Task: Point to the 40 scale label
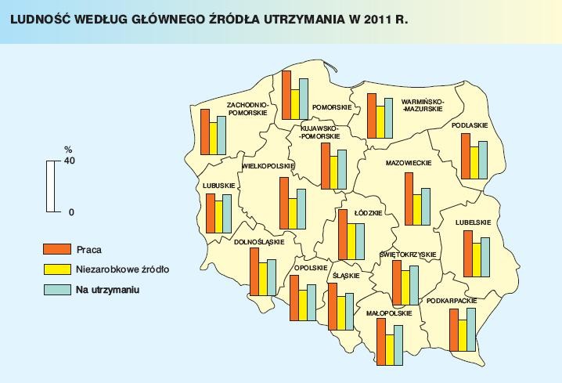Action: point(69,161)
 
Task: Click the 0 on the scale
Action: point(71,212)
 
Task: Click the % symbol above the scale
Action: point(68,149)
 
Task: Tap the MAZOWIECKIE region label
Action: point(409,164)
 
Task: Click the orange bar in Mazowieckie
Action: point(409,199)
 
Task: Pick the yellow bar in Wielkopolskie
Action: point(292,214)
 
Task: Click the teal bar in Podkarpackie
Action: point(471,331)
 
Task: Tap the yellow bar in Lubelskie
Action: point(476,260)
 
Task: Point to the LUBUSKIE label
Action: point(219,185)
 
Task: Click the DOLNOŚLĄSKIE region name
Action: point(259,242)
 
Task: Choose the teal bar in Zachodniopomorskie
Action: point(222,135)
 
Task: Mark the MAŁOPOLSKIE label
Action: point(389,313)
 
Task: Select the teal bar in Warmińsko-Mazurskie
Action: point(388,118)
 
